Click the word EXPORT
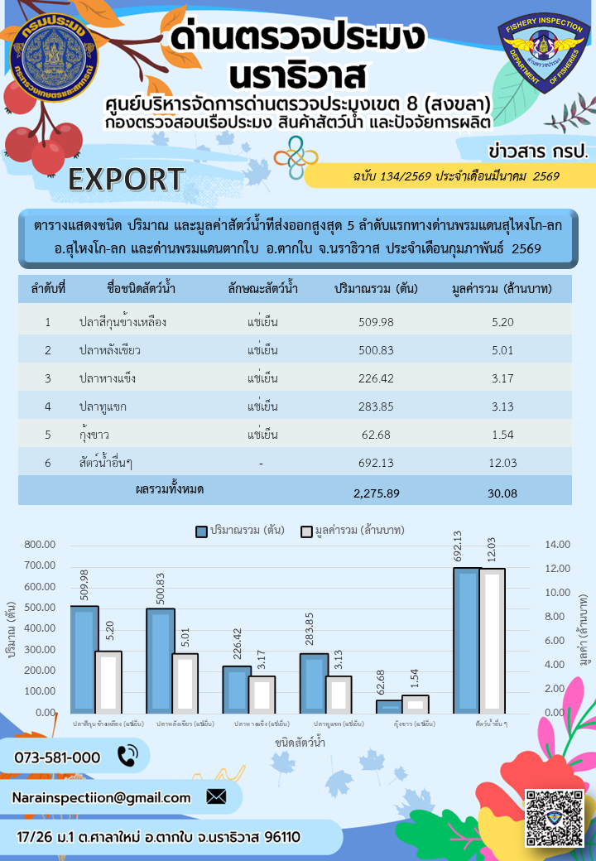pyautogui.click(x=126, y=178)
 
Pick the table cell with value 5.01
pyautogui.click(x=502, y=350)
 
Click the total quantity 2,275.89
pyautogui.click(x=377, y=493)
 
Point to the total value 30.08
pyautogui.click(x=502, y=493)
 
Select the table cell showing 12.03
pyautogui.click(x=502, y=463)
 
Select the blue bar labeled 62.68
pyautogui.click(x=389, y=706)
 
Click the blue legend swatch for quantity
pyautogui.click(x=201, y=531)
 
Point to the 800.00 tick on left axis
pyautogui.click(x=40, y=544)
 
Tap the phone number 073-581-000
pyautogui.click(x=57, y=757)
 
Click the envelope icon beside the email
pyautogui.click(x=216, y=797)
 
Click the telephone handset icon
pyautogui.click(x=127, y=756)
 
